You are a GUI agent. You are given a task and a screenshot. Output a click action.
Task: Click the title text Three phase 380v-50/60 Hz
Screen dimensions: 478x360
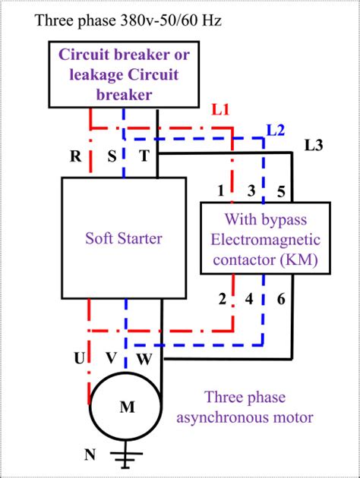tap(128, 20)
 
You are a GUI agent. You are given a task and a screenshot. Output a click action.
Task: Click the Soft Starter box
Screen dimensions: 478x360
tap(124, 238)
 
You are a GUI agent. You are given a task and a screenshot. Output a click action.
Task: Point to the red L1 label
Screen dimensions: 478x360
tap(220, 111)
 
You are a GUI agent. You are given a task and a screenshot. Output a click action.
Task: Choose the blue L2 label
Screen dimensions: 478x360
tap(276, 129)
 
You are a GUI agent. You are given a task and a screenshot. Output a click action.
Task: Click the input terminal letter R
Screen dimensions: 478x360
tap(76, 157)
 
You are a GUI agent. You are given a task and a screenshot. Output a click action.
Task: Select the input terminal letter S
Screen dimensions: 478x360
tap(111, 157)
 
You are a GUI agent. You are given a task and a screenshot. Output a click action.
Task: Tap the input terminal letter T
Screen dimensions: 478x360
tap(144, 157)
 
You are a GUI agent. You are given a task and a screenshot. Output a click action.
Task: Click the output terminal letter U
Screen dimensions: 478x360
tap(79, 358)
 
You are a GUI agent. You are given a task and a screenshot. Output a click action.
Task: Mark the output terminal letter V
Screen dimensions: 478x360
tap(111, 358)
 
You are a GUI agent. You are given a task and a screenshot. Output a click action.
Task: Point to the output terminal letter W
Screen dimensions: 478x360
tap(144, 358)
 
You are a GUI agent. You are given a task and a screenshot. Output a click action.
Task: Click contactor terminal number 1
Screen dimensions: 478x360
tap(221, 191)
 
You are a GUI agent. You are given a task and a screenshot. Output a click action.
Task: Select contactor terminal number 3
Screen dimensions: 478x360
tap(251, 191)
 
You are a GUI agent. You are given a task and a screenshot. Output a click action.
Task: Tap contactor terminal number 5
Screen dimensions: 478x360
tap(280, 191)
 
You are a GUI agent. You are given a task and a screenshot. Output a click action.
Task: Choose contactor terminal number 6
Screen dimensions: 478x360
tap(280, 299)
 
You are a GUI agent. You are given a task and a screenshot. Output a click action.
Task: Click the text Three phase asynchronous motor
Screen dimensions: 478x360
tap(258, 407)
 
